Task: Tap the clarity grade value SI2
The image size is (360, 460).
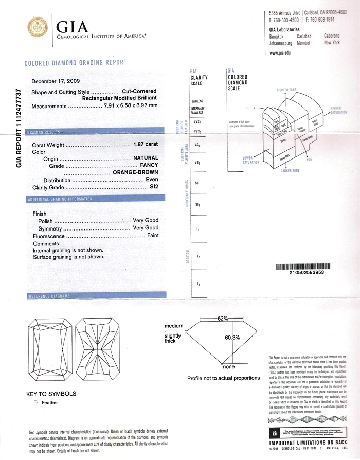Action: (153, 187)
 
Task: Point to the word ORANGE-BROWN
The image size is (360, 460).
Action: (135, 173)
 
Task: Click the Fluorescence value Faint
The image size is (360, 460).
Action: (153, 235)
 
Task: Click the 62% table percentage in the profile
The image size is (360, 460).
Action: (222, 319)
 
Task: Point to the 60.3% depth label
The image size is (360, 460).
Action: (232, 338)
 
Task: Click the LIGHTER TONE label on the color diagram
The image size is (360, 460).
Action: (290, 90)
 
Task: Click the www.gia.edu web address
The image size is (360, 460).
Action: (280, 53)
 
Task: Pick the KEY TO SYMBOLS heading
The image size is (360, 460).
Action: (51, 394)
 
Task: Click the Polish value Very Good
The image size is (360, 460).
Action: (146, 220)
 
